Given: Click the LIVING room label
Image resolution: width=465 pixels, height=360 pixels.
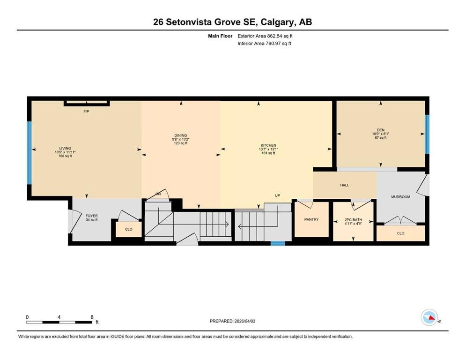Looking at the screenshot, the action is pos(65,148).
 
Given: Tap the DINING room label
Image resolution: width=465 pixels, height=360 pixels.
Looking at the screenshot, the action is pos(181,135).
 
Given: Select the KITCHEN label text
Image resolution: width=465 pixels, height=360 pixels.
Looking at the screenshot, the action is pos(268,145).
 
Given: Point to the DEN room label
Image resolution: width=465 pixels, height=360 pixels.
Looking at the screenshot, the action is pos(381,130).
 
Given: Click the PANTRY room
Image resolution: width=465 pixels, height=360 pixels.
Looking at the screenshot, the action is pos(311,220).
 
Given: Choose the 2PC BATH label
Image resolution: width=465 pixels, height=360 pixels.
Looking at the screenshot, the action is pos(353,220).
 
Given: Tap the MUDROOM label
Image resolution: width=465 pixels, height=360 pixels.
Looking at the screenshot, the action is pos(401,197).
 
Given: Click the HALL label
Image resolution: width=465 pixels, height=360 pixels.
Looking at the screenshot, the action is pos(345,185).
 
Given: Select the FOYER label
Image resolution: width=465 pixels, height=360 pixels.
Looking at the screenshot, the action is pos(92,216).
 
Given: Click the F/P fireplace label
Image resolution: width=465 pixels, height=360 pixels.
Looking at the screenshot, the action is pos(86,112).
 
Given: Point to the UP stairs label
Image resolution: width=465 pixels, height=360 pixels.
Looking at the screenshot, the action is pos(277,195).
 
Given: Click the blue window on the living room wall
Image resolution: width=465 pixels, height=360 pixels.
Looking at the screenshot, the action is pos(30,153).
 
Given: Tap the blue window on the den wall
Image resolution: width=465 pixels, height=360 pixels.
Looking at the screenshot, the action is pos(427,134).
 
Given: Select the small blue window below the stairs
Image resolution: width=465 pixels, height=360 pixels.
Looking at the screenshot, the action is pos(278,243).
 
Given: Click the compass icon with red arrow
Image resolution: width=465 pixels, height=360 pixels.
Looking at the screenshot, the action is pos(429,317).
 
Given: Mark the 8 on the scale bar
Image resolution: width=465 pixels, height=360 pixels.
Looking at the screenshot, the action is pos(92,317).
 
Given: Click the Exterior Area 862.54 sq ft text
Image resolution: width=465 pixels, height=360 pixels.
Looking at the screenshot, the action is pos(265,36).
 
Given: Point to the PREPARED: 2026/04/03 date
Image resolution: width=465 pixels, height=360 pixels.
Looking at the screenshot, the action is pos(232,321).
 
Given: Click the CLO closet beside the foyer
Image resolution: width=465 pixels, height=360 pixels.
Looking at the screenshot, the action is pos(129,229).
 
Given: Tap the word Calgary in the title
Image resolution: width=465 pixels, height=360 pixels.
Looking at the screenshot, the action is pos(274,22).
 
